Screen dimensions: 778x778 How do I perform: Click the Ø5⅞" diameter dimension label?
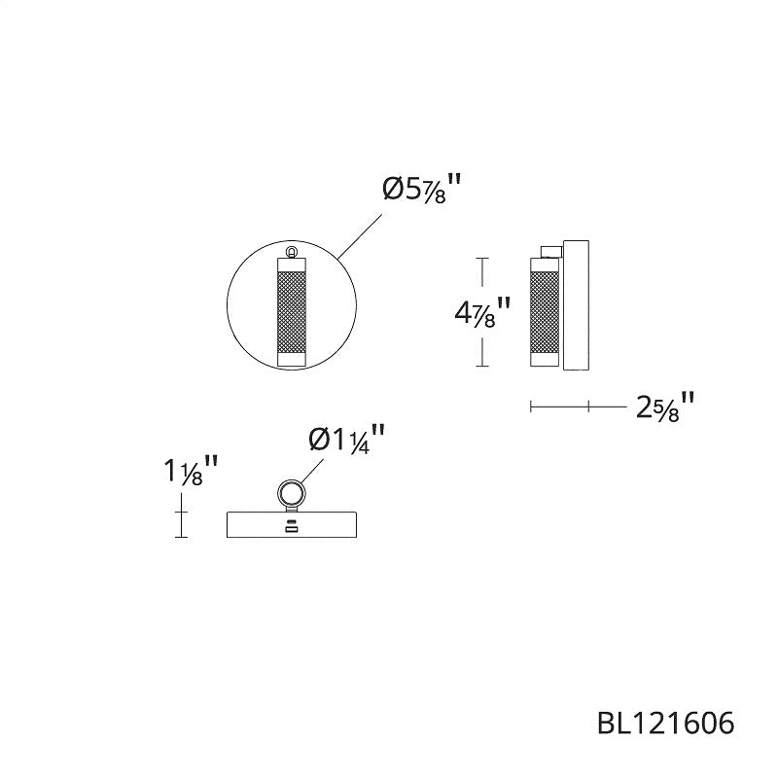tap(422, 188)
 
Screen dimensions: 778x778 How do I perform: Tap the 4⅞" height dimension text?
tap(482, 312)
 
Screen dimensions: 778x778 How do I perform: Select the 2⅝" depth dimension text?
tap(665, 407)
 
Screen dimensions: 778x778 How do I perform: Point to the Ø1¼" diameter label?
tap(347, 440)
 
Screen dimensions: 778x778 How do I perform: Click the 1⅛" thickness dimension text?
tap(191, 471)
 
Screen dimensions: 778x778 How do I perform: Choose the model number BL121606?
tap(666, 723)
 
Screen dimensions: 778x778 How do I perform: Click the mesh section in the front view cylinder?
tap(291, 311)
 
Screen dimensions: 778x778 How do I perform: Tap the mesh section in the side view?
tap(545, 311)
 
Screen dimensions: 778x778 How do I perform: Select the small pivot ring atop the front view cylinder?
tap(292, 252)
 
